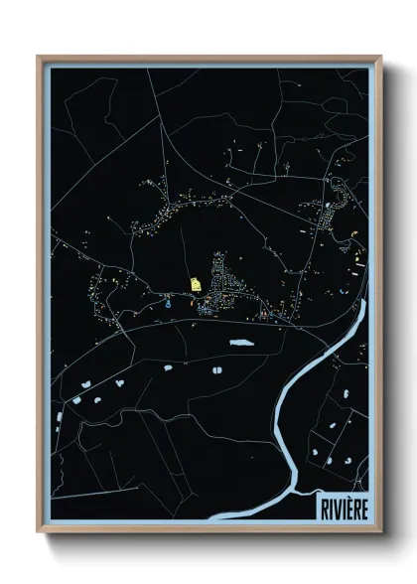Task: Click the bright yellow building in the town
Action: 196,284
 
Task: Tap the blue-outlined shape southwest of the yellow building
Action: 168,305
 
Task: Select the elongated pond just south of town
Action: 240,344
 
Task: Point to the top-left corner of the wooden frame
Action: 38,56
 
